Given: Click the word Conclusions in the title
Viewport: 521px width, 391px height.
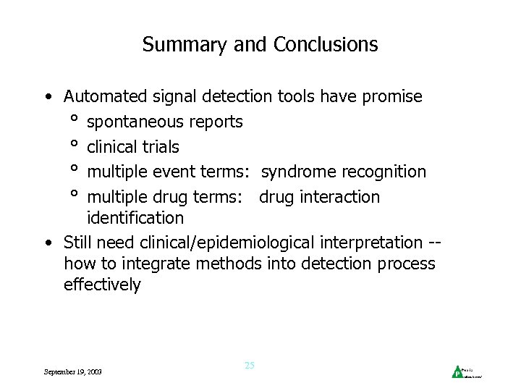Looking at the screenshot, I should (326, 45).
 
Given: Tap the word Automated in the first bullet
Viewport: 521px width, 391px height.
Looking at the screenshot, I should (104, 96).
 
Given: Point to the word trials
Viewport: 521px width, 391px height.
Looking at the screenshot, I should (161, 147).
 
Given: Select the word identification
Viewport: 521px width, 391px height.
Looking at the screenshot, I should (135, 217).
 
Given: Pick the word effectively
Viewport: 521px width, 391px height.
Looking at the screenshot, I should (102, 285).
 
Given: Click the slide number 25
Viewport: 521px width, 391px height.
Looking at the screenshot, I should (250, 366).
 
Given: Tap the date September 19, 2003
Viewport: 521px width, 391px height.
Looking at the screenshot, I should (72, 371).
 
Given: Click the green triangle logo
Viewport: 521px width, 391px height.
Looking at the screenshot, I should (457, 372).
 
